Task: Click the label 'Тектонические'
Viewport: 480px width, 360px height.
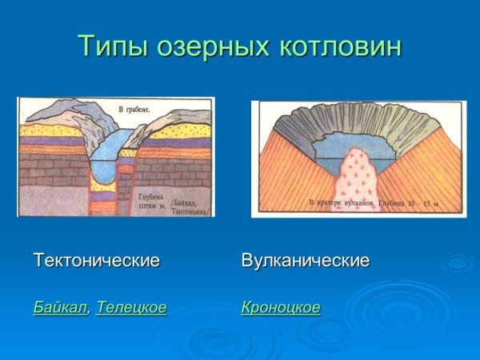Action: pyautogui.click(x=97, y=261)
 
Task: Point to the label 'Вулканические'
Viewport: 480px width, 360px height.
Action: pyautogui.click(x=305, y=261)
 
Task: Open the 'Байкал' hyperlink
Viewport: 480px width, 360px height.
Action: pyautogui.click(x=60, y=307)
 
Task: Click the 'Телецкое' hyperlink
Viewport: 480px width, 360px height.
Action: pyautogui.click(x=131, y=307)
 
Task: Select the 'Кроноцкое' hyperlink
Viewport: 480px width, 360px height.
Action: pyautogui.click(x=281, y=307)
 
